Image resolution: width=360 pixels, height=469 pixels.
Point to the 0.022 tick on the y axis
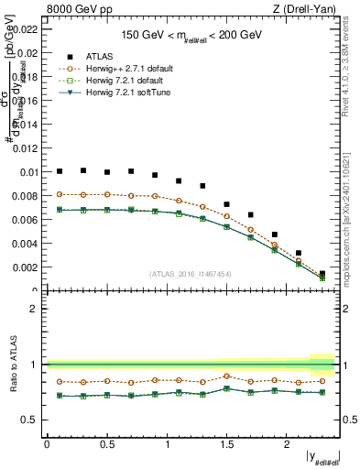26,29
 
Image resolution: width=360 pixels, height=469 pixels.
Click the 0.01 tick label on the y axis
28,172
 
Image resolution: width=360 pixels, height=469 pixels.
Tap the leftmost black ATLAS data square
60,171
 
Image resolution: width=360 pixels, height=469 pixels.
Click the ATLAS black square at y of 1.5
227,204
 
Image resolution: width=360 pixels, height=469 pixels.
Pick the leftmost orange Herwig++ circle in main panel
60,194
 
